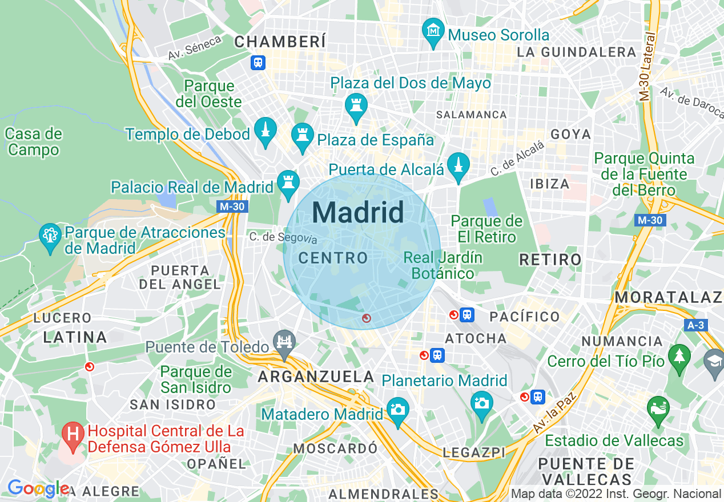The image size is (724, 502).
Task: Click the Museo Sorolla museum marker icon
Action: coord(433,30)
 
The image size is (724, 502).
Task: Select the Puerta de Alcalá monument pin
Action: coord(458,166)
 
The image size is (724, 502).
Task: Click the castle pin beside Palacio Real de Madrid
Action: coord(288,184)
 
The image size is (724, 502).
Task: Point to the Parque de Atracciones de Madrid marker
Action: coord(50,236)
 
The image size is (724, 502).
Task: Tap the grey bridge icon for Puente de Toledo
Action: coord(284,343)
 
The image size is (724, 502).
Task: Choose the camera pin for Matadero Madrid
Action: coord(398,410)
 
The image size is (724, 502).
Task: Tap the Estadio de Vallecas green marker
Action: coord(658,410)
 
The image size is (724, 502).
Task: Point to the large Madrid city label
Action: coord(358,212)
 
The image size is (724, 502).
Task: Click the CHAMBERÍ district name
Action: coord(280,42)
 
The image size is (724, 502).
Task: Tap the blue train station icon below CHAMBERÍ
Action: coord(258,62)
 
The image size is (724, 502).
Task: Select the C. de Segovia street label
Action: coord(283,237)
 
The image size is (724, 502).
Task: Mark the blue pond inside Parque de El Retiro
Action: coord(489,207)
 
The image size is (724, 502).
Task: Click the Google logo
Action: coord(38,488)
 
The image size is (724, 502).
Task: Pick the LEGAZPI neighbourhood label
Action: coord(474,452)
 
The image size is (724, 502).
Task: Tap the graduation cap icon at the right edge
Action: coord(714,361)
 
